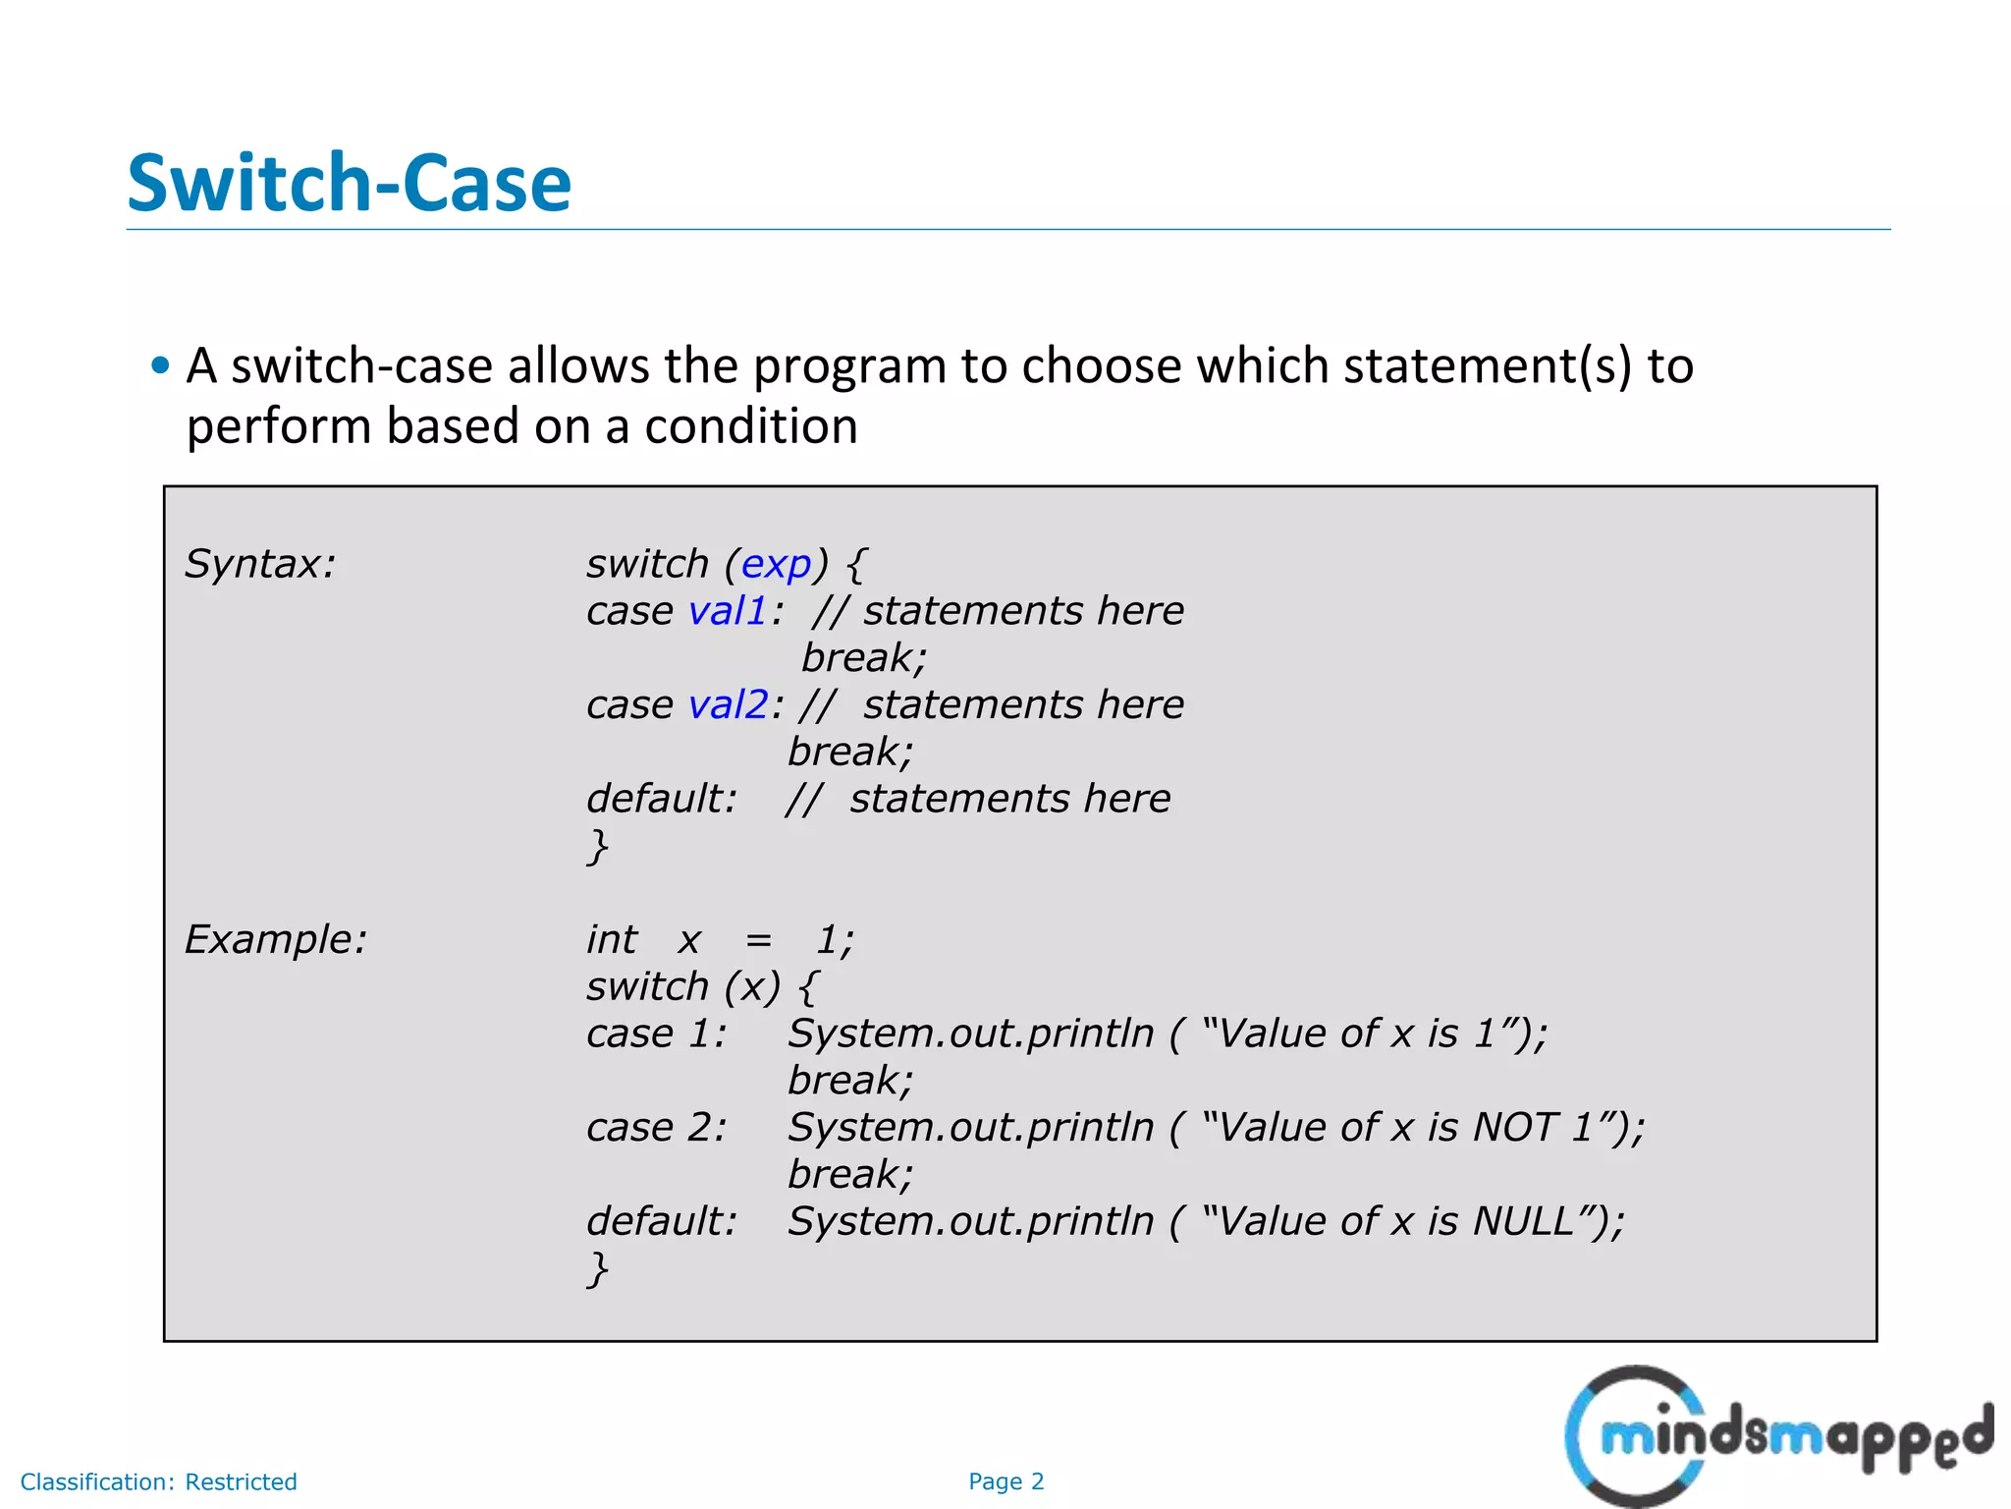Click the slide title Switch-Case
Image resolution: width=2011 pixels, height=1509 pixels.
(349, 184)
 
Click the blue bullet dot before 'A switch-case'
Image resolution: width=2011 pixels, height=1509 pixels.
(161, 366)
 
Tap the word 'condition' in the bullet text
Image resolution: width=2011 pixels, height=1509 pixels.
(751, 426)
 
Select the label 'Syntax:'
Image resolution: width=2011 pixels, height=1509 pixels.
(260, 564)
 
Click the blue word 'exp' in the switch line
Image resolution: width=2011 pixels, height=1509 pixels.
(776, 564)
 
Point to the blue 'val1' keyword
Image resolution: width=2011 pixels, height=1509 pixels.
(728, 611)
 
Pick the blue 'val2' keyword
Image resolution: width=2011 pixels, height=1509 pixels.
(729, 704)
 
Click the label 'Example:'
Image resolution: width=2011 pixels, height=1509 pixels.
(276, 939)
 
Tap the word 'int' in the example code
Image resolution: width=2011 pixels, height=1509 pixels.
(611, 940)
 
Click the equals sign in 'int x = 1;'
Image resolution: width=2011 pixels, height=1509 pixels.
(758, 940)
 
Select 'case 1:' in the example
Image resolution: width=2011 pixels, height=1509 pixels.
(656, 1034)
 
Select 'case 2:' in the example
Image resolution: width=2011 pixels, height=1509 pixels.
(656, 1127)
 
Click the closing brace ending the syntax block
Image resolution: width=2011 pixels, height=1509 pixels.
(597, 846)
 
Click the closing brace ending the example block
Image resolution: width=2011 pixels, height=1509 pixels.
(597, 1268)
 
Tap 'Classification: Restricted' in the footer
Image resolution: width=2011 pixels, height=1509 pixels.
(158, 1481)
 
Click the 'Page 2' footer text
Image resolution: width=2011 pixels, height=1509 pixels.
(1005, 1481)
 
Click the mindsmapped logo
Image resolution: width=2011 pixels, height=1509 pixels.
(1777, 1436)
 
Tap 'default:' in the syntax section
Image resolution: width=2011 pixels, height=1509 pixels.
(661, 799)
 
